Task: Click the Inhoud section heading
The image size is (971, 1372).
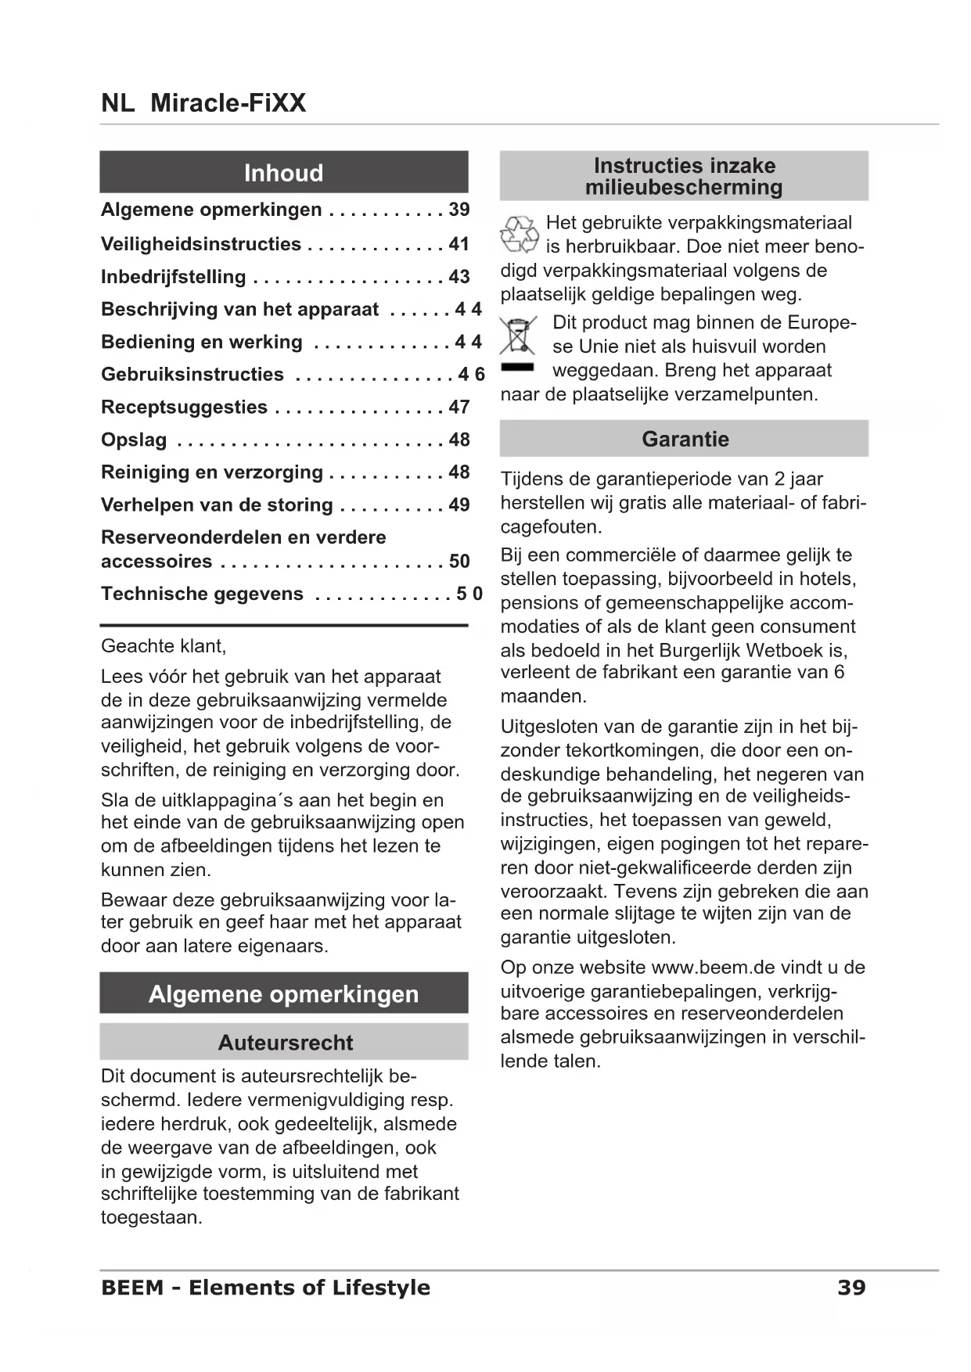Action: coord(283,173)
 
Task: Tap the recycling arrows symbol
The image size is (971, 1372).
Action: coord(520,235)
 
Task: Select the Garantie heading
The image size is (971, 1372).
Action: coord(685,439)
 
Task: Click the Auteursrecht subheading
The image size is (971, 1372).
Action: coord(285,1043)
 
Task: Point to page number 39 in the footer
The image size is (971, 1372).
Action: coord(851,1288)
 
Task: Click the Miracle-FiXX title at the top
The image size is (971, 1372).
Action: coord(228,102)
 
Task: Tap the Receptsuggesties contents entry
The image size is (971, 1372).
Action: coord(184,408)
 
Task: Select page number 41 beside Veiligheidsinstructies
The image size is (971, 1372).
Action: coord(459,244)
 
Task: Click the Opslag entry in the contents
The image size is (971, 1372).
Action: coord(134,440)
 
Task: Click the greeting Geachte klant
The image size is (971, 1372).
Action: coord(163,646)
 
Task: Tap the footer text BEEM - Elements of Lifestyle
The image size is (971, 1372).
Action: coord(265,1288)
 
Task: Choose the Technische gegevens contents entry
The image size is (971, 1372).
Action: coord(202,594)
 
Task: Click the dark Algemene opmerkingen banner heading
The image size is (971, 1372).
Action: coord(283,994)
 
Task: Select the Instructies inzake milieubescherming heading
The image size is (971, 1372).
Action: coord(684,176)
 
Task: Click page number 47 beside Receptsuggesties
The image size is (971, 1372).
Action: coord(459,408)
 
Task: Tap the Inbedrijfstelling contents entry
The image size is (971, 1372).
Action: coord(173,277)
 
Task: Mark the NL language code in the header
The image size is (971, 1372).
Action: coord(117,102)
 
